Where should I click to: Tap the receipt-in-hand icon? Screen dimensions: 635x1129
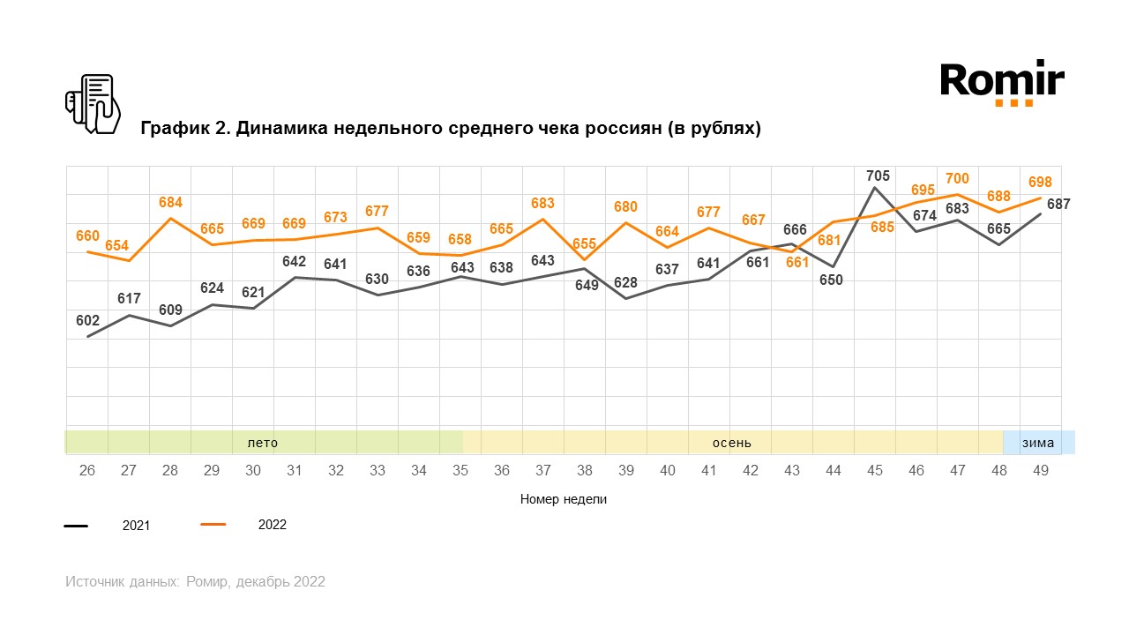(93, 104)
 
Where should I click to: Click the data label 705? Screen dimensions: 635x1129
(879, 176)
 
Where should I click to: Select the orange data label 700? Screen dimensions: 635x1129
(957, 179)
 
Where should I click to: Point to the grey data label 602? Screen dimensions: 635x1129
(87, 321)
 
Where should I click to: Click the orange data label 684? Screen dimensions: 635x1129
(171, 203)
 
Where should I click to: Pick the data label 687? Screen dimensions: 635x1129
(1058, 204)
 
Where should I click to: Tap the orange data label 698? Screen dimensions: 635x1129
(1040, 182)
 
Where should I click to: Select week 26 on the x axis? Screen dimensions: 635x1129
(87, 471)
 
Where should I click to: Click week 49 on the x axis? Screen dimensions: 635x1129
(1041, 471)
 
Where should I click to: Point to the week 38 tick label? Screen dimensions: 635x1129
(584, 471)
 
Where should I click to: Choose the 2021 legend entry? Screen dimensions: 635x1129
(136, 526)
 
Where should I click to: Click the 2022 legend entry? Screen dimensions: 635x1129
(272, 525)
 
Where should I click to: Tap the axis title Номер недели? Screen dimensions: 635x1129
(564, 499)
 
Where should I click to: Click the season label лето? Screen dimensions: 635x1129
(262, 443)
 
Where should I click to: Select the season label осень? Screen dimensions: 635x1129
(732, 443)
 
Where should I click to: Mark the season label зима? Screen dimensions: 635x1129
(1038, 443)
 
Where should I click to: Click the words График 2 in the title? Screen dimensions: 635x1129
(182, 129)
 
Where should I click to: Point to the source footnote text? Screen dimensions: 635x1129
(195, 582)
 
